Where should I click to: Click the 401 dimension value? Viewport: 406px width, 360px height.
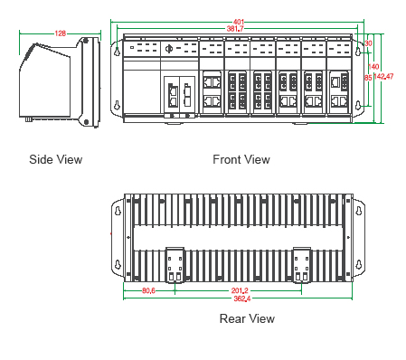pos(239,22)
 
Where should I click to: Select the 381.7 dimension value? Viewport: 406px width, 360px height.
pos(235,29)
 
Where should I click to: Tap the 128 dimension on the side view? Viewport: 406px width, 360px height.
pos(61,33)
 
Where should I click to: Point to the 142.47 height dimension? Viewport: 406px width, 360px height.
pos(383,76)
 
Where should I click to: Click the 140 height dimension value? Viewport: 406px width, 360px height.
pos(373,66)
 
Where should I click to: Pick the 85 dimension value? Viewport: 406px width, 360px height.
pos(368,78)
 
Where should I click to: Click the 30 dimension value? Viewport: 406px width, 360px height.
pos(368,43)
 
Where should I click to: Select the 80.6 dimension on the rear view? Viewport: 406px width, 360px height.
pos(148,290)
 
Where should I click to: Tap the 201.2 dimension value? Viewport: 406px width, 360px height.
pos(240,290)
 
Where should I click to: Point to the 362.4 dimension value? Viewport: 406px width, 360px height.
pos(242,298)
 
